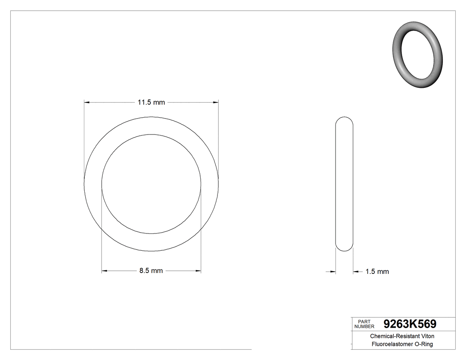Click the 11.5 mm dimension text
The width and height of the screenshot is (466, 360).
tap(151, 103)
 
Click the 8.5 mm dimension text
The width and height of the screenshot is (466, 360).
tap(151, 271)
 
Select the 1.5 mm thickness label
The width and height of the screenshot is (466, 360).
tap(377, 272)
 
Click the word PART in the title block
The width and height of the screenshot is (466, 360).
tap(364, 321)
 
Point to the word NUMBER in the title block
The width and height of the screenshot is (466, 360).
tap(364, 326)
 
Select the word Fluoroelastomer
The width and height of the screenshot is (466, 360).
tap(392, 344)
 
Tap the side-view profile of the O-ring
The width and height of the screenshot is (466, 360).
tap(344, 185)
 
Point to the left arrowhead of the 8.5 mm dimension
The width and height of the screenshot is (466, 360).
tap(105, 271)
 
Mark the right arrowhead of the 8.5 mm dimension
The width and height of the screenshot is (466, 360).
tap(198, 271)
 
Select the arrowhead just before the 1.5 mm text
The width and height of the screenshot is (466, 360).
tap(356, 272)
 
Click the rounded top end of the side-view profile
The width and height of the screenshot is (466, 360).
tap(344, 120)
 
